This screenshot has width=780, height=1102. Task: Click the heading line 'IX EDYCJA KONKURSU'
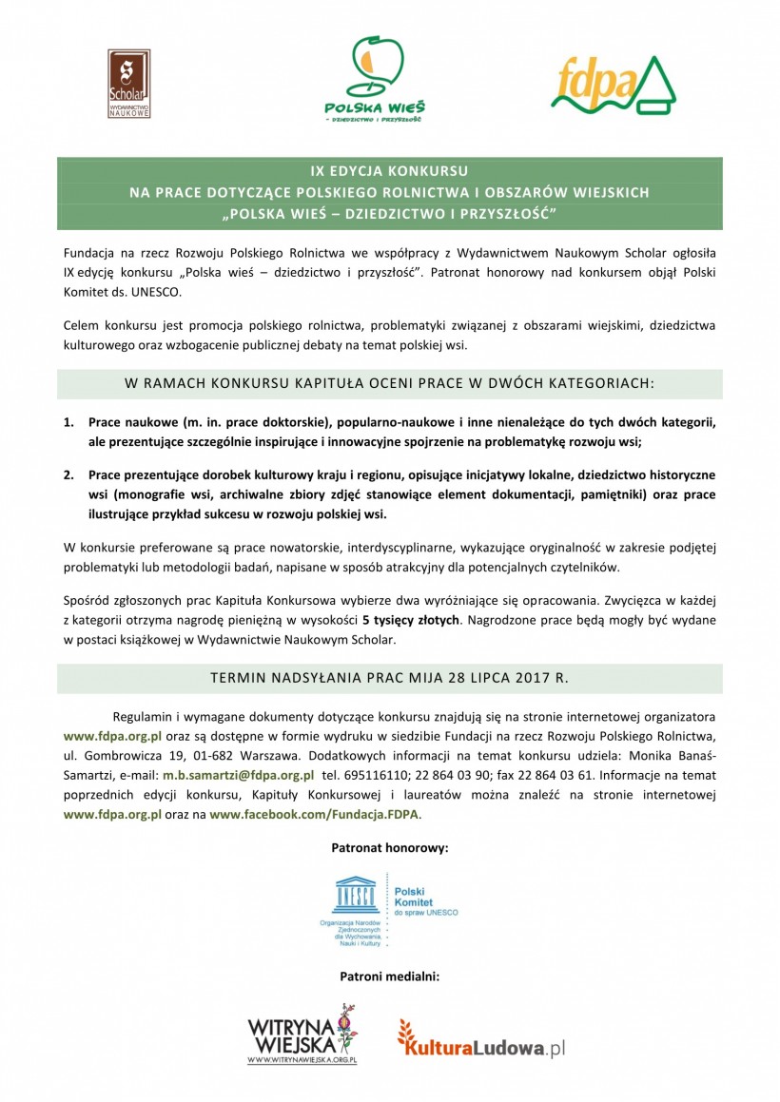(389, 172)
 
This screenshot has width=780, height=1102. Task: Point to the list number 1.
(68, 420)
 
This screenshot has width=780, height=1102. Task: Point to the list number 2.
(68, 474)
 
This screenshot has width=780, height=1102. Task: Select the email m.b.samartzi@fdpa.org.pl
(238, 775)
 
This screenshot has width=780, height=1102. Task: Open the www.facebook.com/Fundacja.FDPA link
(314, 815)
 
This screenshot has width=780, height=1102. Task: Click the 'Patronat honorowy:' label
(389, 846)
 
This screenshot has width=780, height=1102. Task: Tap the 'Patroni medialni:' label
(389, 976)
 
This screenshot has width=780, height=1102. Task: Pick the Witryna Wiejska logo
(302, 1034)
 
